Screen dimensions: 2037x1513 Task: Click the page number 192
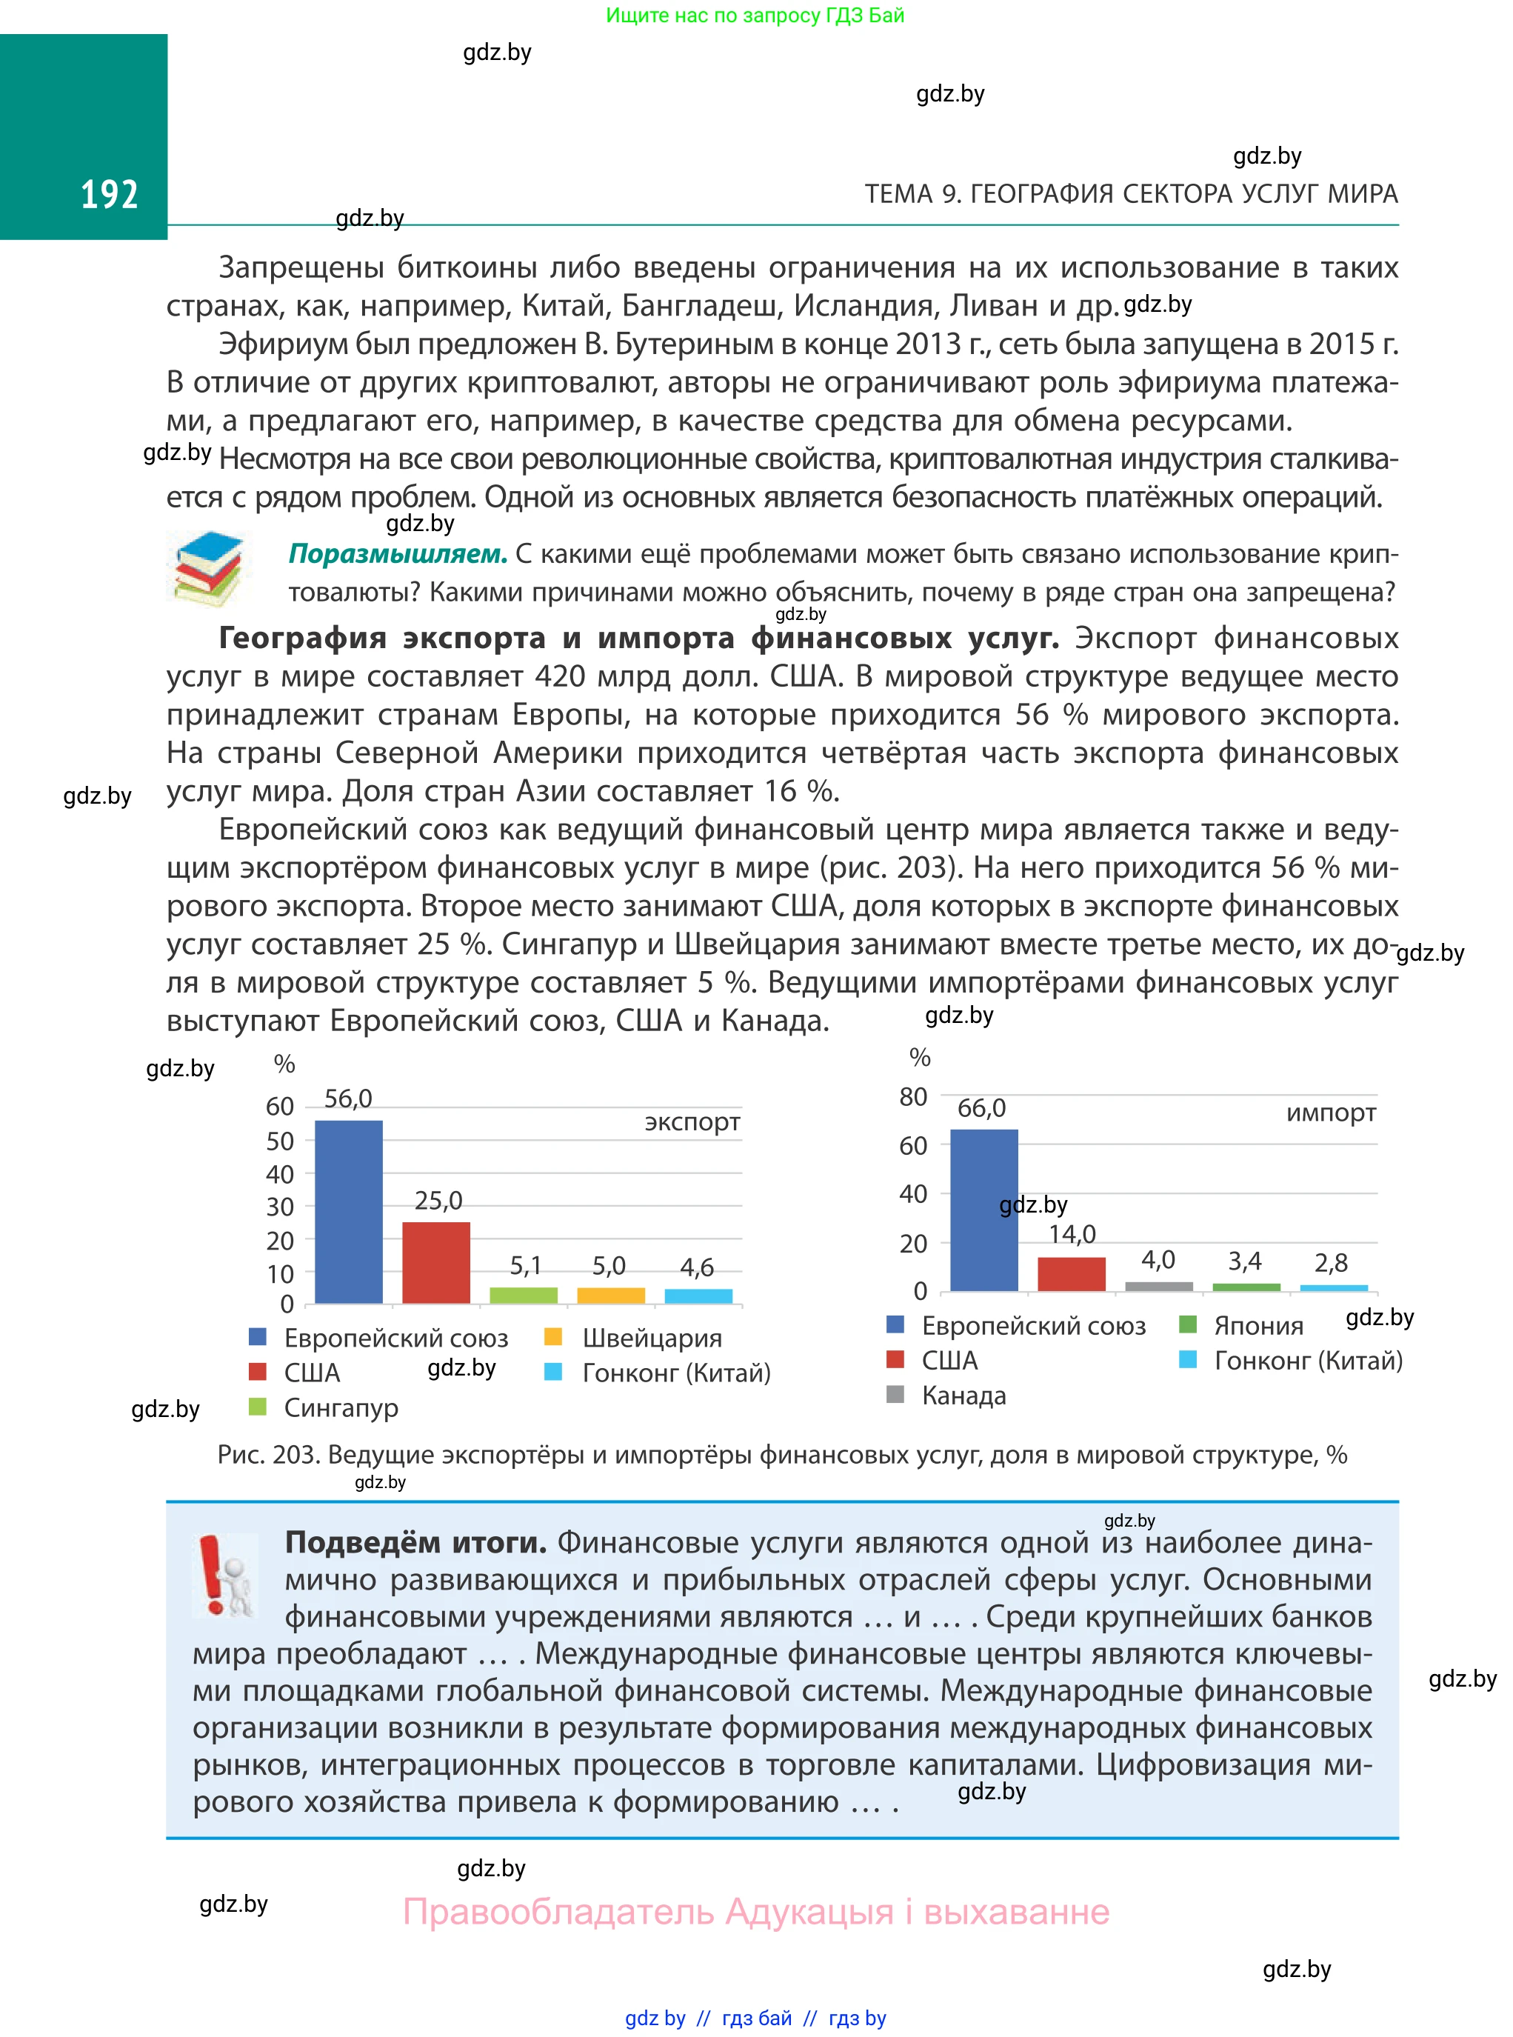(x=109, y=195)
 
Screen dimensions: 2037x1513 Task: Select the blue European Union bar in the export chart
(x=348, y=1211)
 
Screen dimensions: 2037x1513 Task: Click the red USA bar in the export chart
(x=436, y=1262)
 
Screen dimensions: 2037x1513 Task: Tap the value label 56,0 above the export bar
(x=348, y=1098)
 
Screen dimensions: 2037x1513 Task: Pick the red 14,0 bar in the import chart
(x=1071, y=1274)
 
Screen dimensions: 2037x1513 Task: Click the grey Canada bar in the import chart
(x=1158, y=1286)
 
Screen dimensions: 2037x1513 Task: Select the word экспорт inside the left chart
(x=692, y=1122)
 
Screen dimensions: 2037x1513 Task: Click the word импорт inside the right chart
(x=1330, y=1113)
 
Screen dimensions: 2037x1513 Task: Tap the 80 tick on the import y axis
(x=912, y=1096)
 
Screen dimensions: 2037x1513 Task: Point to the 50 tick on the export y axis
(x=279, y=1141)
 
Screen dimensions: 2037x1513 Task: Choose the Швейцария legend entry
(x=651, y=1338)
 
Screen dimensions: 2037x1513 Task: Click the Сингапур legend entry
(x=341, y=1408)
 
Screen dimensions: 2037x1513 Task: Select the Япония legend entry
(x=1258, y=1325)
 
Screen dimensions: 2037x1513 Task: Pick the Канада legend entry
(x=963, y=1395)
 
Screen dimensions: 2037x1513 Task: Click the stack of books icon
(x=210, y=568)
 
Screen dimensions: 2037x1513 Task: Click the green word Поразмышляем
(x=398, y=554)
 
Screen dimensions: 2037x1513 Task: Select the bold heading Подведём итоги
(x=415, y=1542)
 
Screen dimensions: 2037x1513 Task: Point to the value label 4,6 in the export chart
(x=696, y=1267)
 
